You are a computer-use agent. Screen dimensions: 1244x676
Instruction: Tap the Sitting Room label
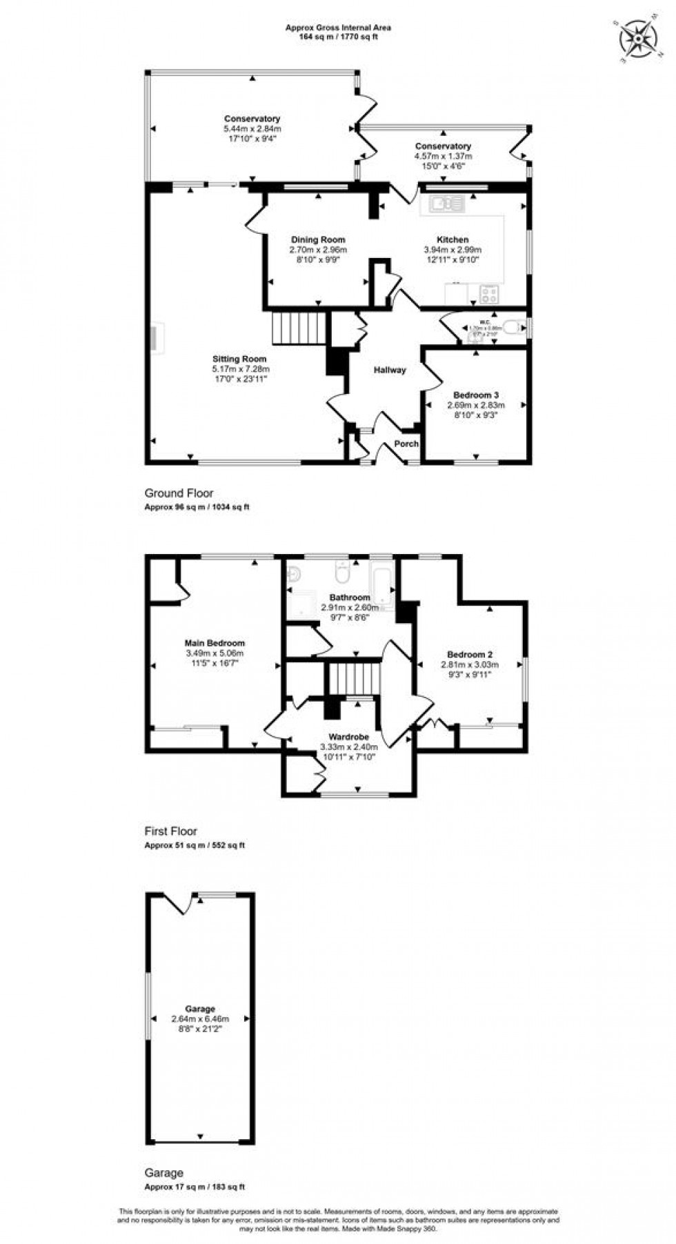[239, 359]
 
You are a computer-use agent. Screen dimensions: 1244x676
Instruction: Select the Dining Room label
[317, 239]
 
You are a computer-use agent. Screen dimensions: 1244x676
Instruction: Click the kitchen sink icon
[446, 204]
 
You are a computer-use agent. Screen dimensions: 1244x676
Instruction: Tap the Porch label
[406, 444]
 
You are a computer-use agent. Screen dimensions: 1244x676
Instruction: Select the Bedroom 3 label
[475, 395]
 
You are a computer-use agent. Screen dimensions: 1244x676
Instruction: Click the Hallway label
[390, 370]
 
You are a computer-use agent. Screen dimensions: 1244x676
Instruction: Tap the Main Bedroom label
[215, 643]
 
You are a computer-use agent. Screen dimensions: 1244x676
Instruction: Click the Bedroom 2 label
[469, 654]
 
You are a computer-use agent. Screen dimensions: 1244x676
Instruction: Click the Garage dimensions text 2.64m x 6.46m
[200, 1018]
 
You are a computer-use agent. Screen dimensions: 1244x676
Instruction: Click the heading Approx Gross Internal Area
[338, 28]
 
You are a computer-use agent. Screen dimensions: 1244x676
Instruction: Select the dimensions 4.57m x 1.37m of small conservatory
[443, 156]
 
